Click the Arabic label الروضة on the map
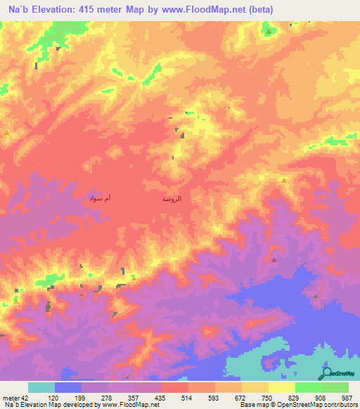[172, 200]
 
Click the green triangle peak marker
[268, 31]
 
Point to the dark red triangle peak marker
[274, 259]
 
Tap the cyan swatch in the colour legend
[41, 387]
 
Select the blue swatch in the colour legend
[68, 387]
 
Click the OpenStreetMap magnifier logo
[328, 373]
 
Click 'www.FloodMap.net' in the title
[210, 10]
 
